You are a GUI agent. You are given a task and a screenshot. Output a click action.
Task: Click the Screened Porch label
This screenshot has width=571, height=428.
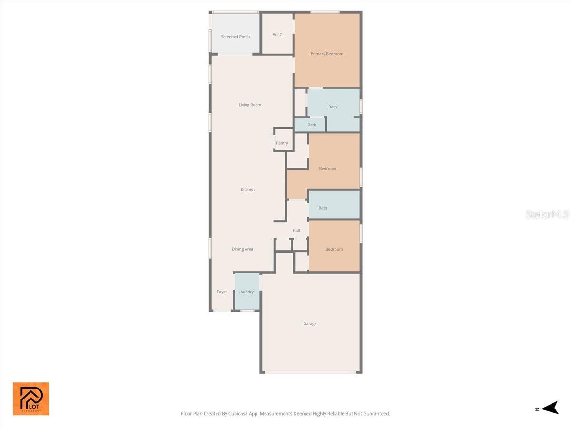(235, 37)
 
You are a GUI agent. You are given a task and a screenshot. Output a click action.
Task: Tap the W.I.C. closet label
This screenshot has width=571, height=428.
(278, 35)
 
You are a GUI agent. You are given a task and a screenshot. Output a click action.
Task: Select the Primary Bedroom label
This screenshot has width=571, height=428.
(327, 54)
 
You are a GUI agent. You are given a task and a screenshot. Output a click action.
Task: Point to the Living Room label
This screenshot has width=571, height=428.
(250, 105)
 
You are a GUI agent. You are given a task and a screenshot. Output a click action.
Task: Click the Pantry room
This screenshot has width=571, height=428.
(282, 143)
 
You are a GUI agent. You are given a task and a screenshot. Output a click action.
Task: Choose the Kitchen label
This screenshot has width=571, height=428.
(247, 189)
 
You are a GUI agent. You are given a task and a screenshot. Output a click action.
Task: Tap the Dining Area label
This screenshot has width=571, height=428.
(242, 249)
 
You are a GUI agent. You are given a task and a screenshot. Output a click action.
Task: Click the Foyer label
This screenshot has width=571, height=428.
(222, 292)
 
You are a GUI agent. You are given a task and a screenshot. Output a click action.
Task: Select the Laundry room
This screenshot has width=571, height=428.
(246, 292)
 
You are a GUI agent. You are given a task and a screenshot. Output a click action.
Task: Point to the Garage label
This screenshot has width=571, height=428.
(310, 323)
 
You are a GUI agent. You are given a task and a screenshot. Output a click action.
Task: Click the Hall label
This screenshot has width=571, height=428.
(296, 230)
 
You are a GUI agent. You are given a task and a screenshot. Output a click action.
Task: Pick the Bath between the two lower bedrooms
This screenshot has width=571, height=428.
(323, 208)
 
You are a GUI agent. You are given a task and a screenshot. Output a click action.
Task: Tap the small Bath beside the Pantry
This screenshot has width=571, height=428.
(312, 125)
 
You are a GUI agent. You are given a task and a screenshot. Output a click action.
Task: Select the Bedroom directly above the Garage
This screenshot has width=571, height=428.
(334, 249)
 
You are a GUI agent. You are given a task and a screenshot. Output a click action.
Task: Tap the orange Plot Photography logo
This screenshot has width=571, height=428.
(31, 399)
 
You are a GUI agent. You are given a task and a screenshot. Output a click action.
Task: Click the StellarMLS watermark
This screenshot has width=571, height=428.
(547, 214)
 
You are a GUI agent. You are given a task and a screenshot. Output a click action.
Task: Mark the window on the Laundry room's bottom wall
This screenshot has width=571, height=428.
(247, 311)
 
